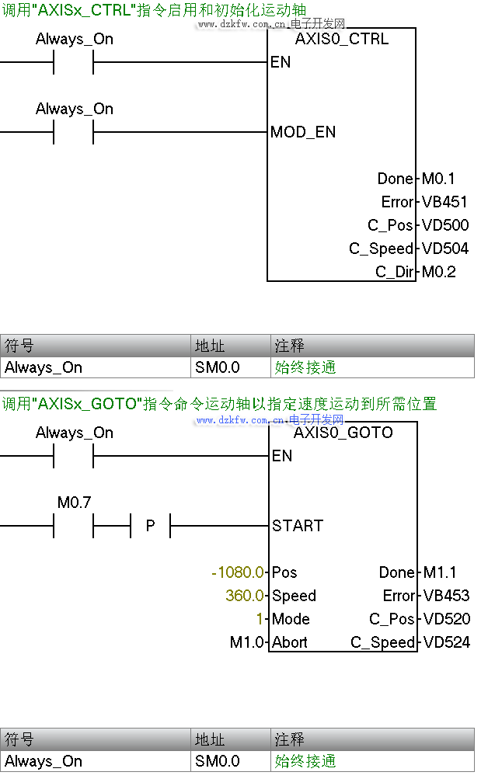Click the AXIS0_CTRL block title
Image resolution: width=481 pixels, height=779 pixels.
pyautogui.click(x=342, y=39)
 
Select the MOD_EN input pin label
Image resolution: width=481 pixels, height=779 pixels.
pyautogui.click(x=303, y=132)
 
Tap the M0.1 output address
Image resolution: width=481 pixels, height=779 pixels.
pyautogui.click(x=439, y=179)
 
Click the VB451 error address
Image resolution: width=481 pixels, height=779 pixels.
pyautogui.click(x=444, y=202)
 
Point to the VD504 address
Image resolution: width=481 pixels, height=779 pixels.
pyautogui.click(x=445, y=249)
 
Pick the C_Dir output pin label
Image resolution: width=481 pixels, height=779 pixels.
pyautogui.click(x=394, y=272)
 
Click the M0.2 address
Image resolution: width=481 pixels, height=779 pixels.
pyautogui.click(x=439, y=272)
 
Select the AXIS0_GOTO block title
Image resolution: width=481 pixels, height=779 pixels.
pyautogui.click(x=343, y=433)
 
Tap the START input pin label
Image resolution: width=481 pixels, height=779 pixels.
pyautogui.click(x=298, y=526)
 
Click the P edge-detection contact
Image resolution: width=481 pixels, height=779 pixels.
pyautogui.click(x=150, y=526)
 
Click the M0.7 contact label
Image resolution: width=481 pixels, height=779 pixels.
pyautogui.click(x=75, y=503)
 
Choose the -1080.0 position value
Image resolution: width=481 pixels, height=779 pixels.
pyautogui.click(x=238, y=572)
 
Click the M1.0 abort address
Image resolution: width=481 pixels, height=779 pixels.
pyautogui.click(x=247, y=642)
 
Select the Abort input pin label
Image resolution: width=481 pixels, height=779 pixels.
pyautogui.click(x=290, y=642)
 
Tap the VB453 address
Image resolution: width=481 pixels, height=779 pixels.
pyautogui.click(x=446, y=596)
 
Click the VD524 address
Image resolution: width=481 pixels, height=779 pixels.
pyautogui.click(x=446, y=642)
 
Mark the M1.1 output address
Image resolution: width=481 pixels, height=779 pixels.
pyautogui.click(x=440, y=572)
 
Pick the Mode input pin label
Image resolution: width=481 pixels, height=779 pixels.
pyautogui.click(x=291, y=619)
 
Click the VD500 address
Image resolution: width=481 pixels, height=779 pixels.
pyautogui.click(x=445, y=225)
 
